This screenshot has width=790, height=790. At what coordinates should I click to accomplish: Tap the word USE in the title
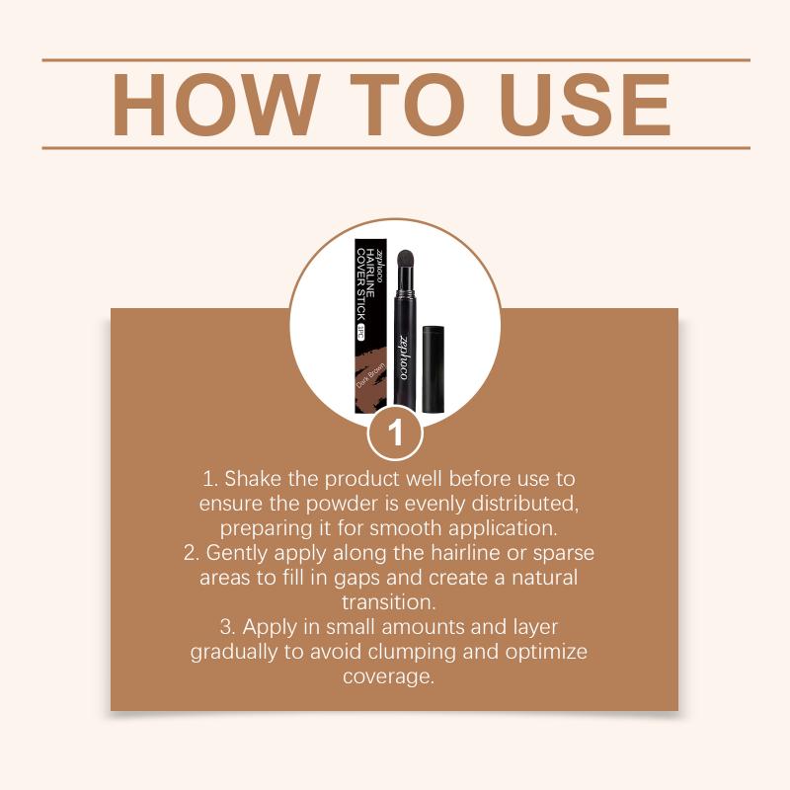(x=585, y=105)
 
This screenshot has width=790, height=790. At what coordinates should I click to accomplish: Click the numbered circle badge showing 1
(x=395, y=434)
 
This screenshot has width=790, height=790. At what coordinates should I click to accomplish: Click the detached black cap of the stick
(x=433, y=368)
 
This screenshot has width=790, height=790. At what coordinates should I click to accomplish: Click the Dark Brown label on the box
(x=371, y=375)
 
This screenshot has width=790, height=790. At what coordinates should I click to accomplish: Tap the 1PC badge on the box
(x=359, y=333)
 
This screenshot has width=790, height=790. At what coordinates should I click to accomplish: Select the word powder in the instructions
(x=342, y=504)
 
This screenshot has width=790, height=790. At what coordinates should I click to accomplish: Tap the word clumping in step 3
(x=412, y=652)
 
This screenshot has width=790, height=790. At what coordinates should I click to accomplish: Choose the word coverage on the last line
(x=388, y=676)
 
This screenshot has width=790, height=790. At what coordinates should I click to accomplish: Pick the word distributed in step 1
(x=525, y=504)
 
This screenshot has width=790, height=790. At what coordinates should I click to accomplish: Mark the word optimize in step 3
(x=546, y=652)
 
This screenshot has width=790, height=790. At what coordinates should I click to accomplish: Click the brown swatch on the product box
(x=371, y=377)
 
